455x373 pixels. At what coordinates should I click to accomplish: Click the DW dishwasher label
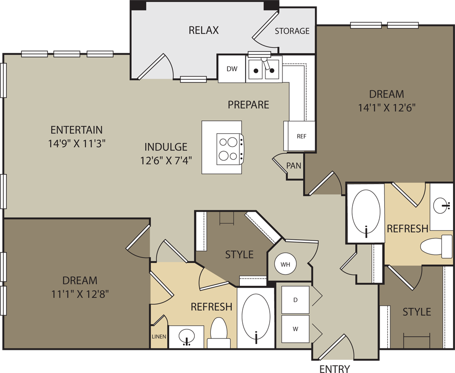click(232, 69)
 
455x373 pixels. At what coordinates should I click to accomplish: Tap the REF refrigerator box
click(301, 136)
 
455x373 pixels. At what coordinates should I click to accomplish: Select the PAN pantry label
click(294, 166)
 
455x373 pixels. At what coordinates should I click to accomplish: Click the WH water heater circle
click(285, 264)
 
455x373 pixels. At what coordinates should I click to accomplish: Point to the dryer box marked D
click(295, 300)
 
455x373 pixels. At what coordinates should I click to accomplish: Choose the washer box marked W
click(295, 328)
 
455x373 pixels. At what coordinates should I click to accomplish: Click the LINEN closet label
click(159, 337)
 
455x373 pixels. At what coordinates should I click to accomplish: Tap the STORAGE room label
click(292, 31)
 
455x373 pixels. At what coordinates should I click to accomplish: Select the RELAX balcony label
click(203, 30)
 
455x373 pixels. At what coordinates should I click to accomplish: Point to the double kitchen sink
click(264, 70)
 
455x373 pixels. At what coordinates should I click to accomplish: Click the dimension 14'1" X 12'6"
click(387, 108)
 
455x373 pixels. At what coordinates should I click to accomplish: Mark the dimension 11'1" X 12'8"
click(80, 294)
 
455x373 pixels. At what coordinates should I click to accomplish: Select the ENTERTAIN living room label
click(76, 130)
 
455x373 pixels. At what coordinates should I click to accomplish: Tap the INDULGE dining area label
click(166, 147)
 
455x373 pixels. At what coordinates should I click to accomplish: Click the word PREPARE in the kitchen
click(248, 104)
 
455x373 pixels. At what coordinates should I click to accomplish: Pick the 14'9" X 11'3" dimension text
click(76, 144)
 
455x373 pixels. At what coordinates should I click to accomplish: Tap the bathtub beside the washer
click(256, 315)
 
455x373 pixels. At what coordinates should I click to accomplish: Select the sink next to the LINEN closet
click(186, 337)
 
